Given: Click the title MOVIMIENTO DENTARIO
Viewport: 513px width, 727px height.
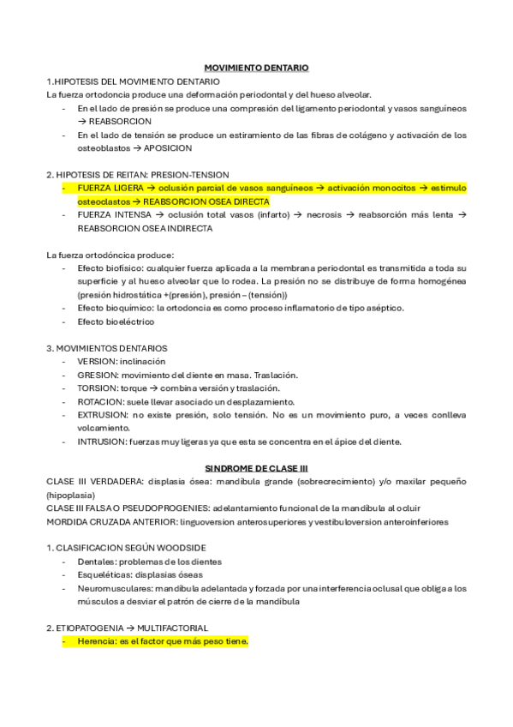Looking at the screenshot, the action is click(x=257, y=67).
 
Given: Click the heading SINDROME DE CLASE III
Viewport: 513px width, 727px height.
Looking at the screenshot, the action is click(x=256, y=468).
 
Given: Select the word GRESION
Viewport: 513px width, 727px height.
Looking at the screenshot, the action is click(x=96, y=375).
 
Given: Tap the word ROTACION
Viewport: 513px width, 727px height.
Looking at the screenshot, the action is click(x=98, y=402).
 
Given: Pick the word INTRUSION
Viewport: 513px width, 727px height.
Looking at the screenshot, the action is click(x=100, y=442).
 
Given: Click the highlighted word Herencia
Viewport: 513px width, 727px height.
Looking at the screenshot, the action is click(x=97, y=641).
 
